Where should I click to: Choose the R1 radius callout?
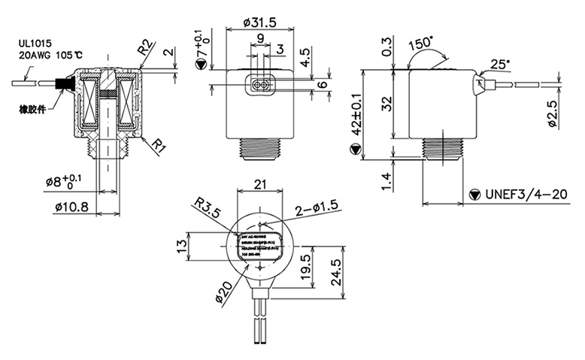(x=156, y=145)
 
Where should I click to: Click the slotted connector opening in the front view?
(x=260, y=86)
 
